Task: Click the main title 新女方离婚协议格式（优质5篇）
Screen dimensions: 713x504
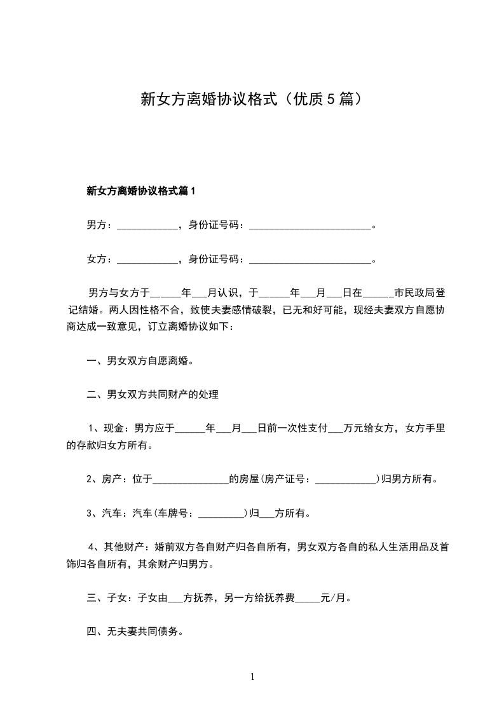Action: click(x=252, y=99)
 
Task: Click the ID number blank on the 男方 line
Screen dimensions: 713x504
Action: click(x=310, y=226)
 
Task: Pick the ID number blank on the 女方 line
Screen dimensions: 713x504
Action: click(x=310, y=260)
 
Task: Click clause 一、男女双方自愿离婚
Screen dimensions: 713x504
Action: click(x=140, y=361)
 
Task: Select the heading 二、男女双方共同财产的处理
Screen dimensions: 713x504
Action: click(x=153, y=395)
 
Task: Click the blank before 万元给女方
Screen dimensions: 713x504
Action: click(x=335, y=429)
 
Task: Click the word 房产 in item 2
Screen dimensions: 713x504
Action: click(x=112, y=479)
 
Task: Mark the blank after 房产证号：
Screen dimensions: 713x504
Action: click(x=345, y=480)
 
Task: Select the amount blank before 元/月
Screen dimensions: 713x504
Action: click(x=308, y=598)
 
